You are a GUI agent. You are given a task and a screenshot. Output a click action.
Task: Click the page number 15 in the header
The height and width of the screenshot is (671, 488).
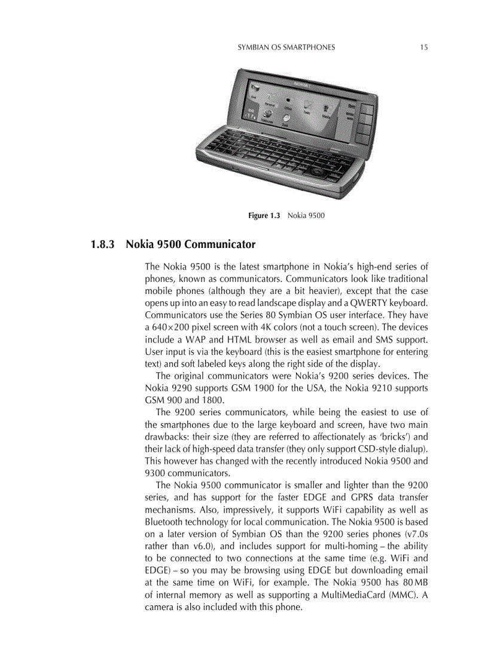point(423,47)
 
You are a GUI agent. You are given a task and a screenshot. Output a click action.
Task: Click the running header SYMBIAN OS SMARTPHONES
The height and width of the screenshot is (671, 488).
point(286,47)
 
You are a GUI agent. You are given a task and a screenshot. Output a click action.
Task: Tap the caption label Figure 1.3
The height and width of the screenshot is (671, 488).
point(264,215)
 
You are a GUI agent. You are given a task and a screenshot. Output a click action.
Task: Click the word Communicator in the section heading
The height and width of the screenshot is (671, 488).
point(221,244)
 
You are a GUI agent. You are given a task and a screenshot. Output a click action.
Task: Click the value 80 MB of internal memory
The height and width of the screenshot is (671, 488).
point(414,583)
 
